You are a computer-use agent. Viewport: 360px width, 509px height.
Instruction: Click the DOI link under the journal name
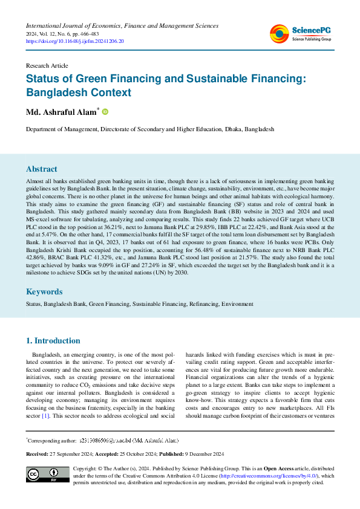click(x=74, y=41)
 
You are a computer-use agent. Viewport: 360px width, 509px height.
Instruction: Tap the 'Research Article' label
click(x=47, y=65)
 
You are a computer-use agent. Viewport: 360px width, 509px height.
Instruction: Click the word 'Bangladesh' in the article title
click(x=59, y=93)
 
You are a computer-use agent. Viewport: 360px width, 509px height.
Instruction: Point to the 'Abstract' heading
click(x=42, y=169)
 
